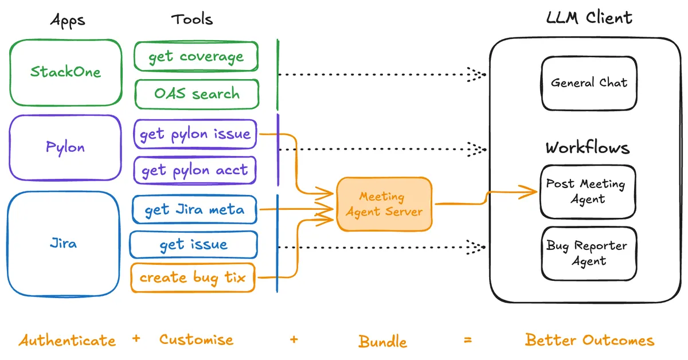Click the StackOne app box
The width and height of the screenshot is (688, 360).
tap(65, 72)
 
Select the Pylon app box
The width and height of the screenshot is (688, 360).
tap(65, 147)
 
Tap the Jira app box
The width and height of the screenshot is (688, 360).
tap(63, 243)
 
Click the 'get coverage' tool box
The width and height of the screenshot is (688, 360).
tap(196, 57)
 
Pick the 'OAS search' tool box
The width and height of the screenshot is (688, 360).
tap(196, 93)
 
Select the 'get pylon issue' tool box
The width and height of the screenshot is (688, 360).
tap(195, 134)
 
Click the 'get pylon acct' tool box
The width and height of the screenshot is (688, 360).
tap(194, 170)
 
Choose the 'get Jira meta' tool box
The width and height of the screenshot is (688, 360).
tap(194, 210)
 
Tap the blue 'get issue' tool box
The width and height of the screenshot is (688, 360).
tap(193, 245)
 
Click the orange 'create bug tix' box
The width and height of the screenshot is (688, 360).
tap(193, 278)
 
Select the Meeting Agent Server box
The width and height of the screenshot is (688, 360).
tap(384, 204)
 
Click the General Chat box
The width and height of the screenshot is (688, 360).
tap(589, 83)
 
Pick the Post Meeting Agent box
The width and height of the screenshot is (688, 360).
tap(588, 192)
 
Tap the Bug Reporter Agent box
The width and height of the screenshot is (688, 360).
tap(588, 253)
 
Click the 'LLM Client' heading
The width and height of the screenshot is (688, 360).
tap(589, 18)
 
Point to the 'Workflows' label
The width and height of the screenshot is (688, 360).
tap(588, 148)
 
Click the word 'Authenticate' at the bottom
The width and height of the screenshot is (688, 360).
tap(67, 341)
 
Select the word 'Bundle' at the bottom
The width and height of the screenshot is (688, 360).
tap(382, 342)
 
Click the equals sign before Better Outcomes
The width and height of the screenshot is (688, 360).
tap(468, 340)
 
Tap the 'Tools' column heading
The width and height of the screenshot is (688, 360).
tap(192, 19)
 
